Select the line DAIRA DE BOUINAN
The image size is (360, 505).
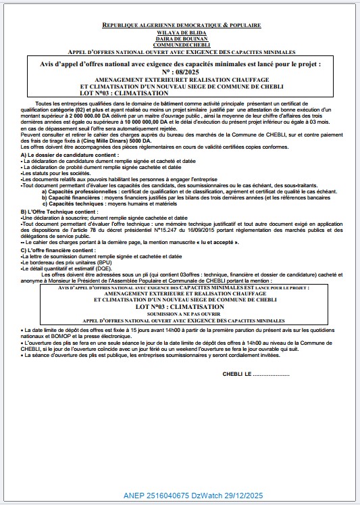click(180, 38)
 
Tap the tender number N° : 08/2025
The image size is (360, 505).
click(179, 71)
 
